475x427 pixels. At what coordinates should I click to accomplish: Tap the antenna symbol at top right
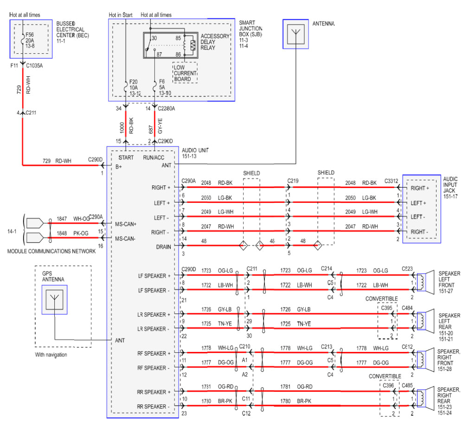[295, 34]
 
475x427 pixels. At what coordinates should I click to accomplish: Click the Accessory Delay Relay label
[215, 42]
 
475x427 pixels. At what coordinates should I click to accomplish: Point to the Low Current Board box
[185, 73]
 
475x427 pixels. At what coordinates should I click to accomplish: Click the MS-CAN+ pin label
[126, 224]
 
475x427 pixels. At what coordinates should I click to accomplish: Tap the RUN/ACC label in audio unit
[154, 157]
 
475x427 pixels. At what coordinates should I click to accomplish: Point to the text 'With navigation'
[51, 355]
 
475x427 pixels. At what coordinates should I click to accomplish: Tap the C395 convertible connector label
[387, 308]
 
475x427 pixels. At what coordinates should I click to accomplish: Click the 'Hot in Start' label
[121, 15]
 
